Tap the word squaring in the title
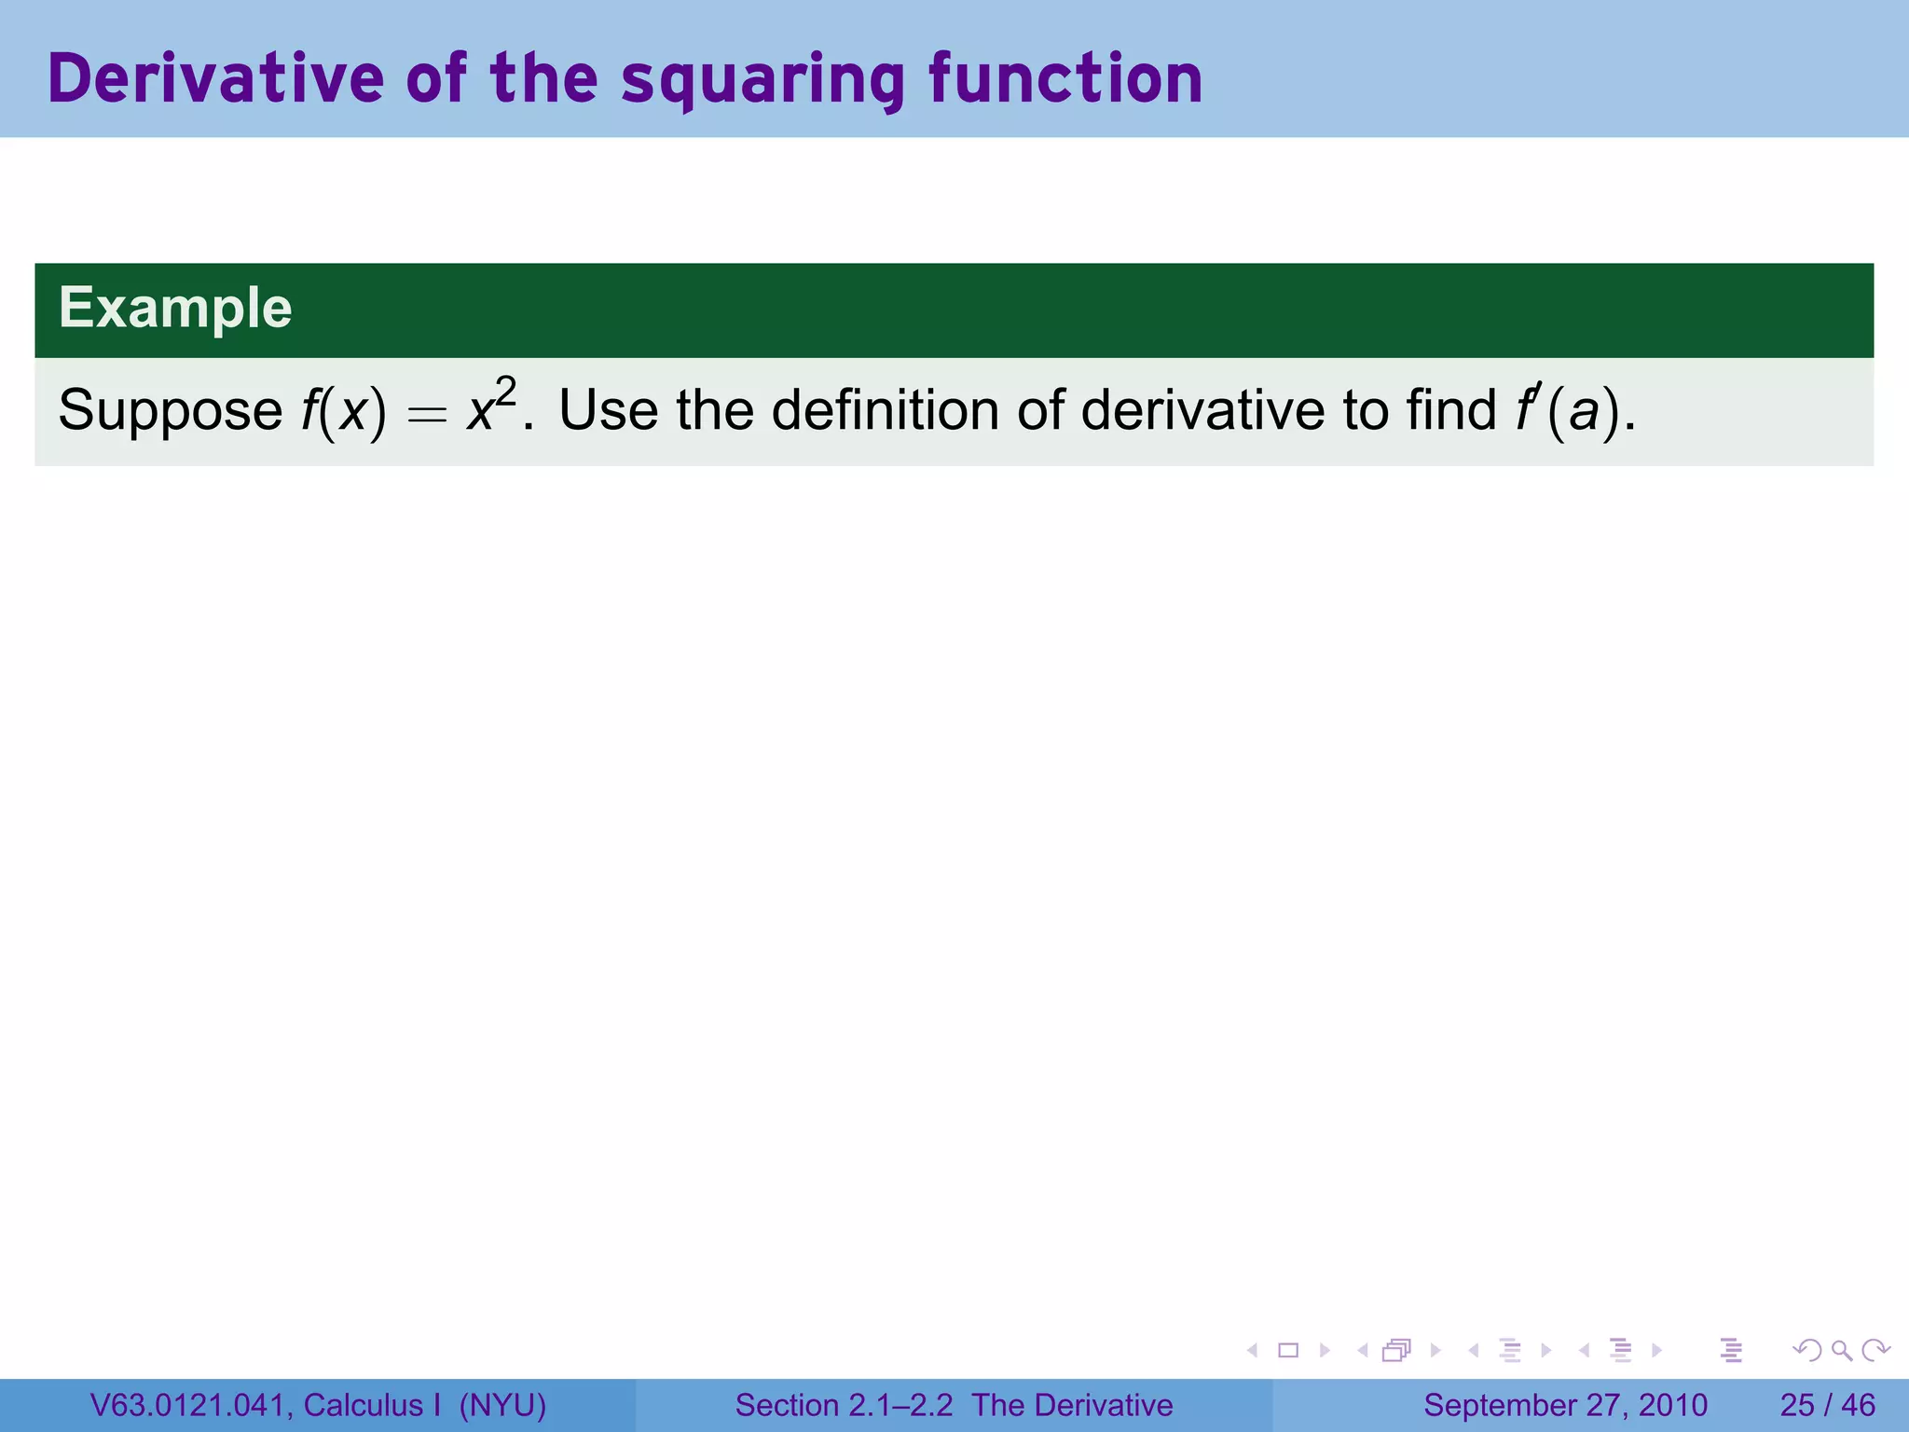click(x=762, y=80)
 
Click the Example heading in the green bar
click(x=175, y=308)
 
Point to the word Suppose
click(x=170, y=411)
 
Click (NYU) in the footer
click(x=502, y=1405)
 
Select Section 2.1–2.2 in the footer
click(x=844, y=1405)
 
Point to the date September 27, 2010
click(x=1565, y=1405)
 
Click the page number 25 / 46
click(x=1827, y=1405)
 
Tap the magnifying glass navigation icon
click(x=1841, y=1350)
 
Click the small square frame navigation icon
click(x=1288, y=1350)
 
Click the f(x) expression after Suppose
click(x=342, y=411)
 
